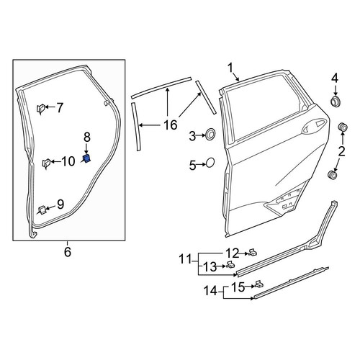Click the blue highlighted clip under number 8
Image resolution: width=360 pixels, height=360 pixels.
pos(86,158)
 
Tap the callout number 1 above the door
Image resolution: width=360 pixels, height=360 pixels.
pos(230,68)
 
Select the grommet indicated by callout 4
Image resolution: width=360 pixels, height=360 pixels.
pos(335,101)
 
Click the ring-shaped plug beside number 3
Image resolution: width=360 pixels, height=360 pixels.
pos(211,133)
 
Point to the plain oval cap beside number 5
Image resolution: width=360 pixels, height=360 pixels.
pos(210,163)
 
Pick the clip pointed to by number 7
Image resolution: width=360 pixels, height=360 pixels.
pos(40,109)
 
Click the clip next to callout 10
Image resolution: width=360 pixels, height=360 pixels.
pos(46,163)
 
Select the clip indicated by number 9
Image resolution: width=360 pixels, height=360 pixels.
pos(42,210)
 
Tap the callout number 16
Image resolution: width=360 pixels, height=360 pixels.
pos(170,125)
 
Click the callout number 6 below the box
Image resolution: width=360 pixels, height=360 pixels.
pos(68,252)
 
